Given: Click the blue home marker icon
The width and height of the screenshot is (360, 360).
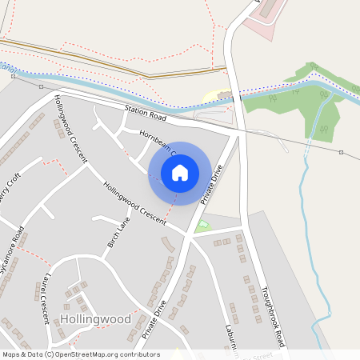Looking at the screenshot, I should click(x=180, y=173).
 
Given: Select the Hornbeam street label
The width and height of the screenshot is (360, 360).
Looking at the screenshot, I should click(x=155, y=137).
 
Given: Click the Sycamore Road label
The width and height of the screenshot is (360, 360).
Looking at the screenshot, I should click(x=13, y=250).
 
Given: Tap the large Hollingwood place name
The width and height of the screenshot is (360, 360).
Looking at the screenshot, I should click(x=94, y=318).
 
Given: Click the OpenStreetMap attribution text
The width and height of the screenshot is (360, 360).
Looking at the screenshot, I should click(x=80, y=354).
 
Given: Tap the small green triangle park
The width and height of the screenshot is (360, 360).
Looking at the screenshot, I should click(x=203, y=226).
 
